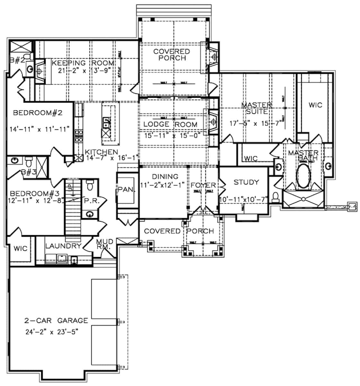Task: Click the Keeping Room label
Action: tap(83, 63)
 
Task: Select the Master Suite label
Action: tap(256, 108)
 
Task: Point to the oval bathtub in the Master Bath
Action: tap(303, 176)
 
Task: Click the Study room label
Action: tap(246, 182)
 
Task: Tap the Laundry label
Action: tap(63, 246)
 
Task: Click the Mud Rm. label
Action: tap(105, 244)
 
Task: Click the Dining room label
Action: tap(165, 177)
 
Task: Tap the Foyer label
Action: tap(203, 185)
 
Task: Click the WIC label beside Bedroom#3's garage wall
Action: tap(20, 248)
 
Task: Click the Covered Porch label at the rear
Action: tap(172, 55)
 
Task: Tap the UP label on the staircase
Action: tap(68, 186)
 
